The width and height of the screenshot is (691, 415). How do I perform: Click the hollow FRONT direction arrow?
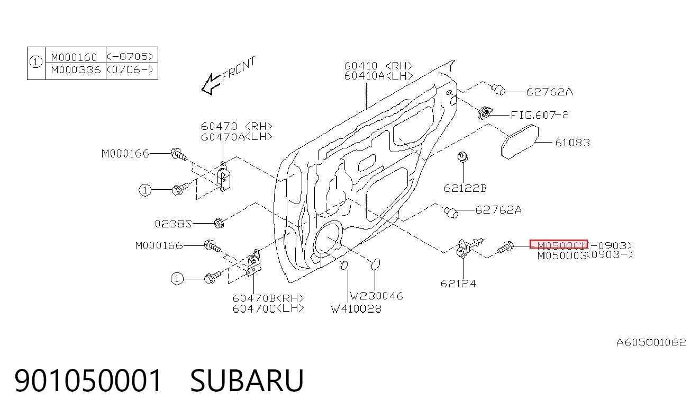pos(211,84)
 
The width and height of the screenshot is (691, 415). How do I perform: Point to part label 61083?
pos(572,143)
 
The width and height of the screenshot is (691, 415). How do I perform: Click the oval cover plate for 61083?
pos(520,142)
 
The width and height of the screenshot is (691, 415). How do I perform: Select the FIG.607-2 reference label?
pos(540,115)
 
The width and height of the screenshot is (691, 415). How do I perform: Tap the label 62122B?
pos(465,188)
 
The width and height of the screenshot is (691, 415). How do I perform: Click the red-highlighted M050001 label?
pos(559,244)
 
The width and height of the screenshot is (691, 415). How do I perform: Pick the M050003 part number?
pos(561,255)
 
